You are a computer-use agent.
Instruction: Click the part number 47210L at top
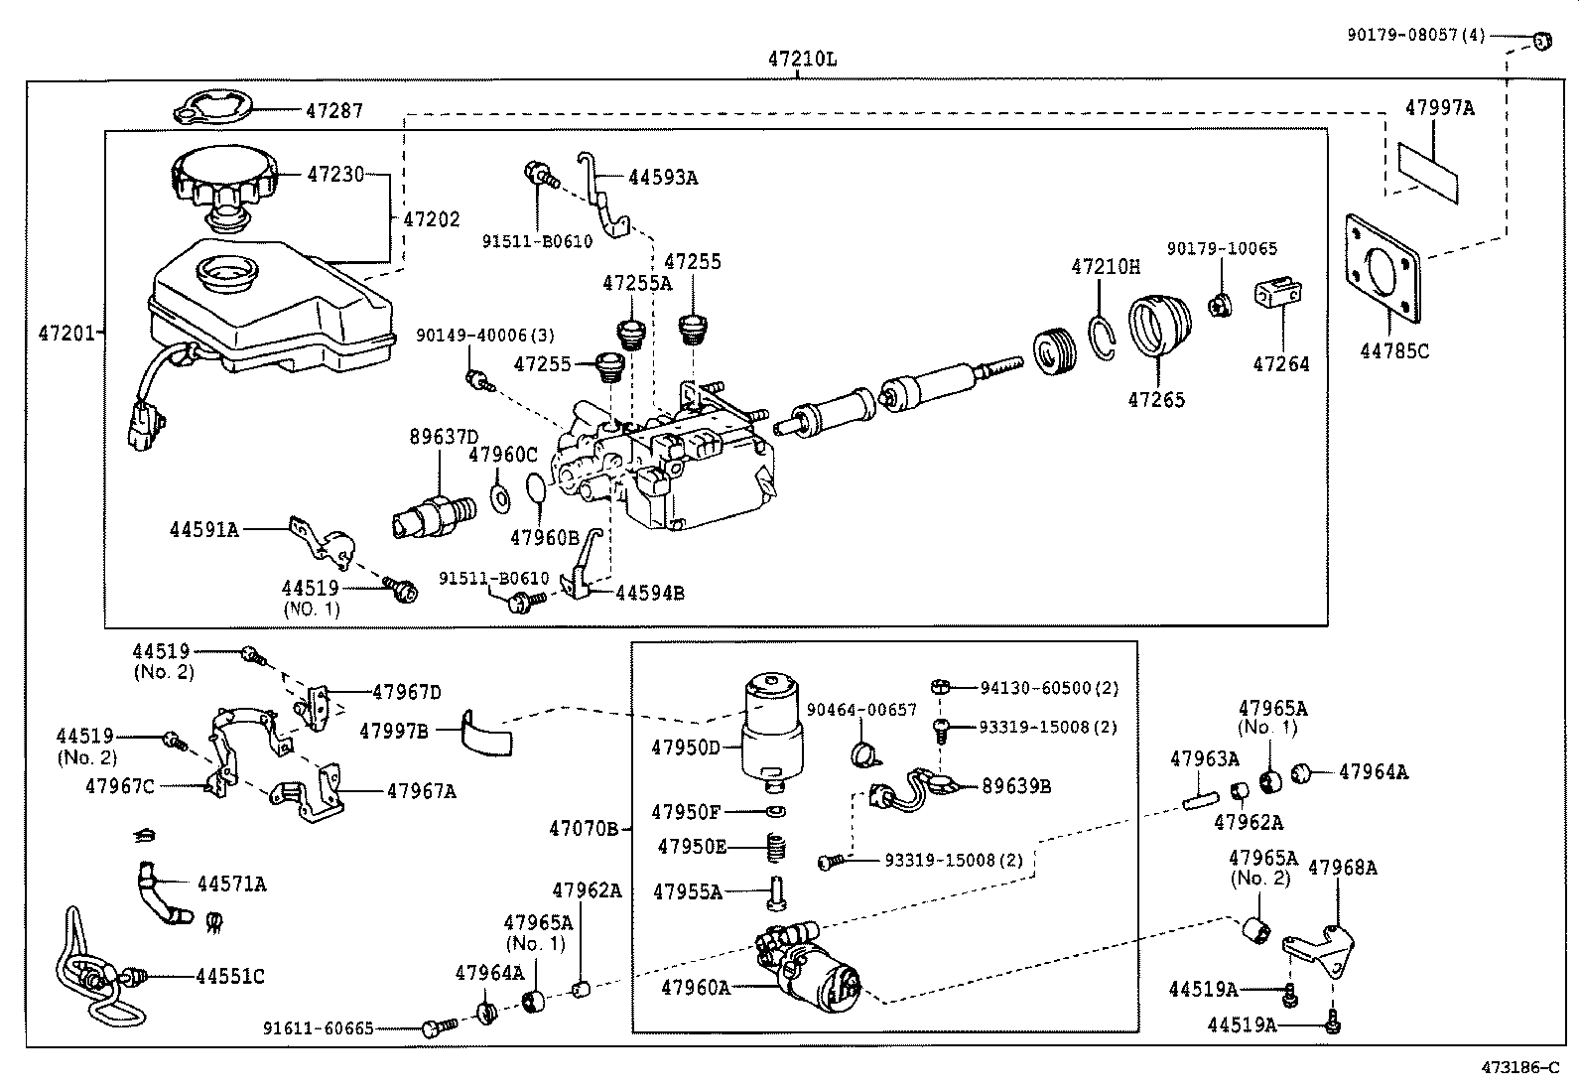click(x=801, y=59)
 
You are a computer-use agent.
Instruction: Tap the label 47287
click(x=333, y=111)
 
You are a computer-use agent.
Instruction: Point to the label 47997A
click(x=1439, y=108)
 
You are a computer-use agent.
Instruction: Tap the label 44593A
click(x=662, y=178)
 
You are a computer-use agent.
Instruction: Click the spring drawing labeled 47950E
click(x=778, y=847)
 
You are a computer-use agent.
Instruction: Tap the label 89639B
click(x=1016, y=786)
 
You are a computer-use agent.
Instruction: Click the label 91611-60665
click(x=319, y=1028)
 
